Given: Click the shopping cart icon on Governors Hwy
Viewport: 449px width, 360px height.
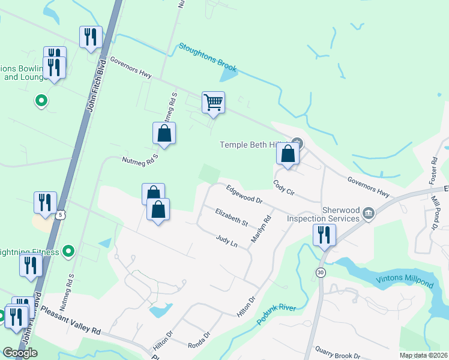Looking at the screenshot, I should (x=213, y=103).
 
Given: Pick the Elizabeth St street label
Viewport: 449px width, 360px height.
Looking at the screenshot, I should (x=232, y=217).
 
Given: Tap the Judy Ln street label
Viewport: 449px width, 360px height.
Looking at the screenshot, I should (x=227, y=241).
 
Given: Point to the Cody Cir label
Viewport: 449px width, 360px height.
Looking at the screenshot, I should (x=284, y=187).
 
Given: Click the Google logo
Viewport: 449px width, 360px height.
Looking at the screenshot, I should (x=20, y=353).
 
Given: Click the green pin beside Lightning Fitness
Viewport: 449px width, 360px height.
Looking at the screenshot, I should (x=69, y=251).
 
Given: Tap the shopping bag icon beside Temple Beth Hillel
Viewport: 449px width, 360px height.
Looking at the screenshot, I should (x=288, y=154).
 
